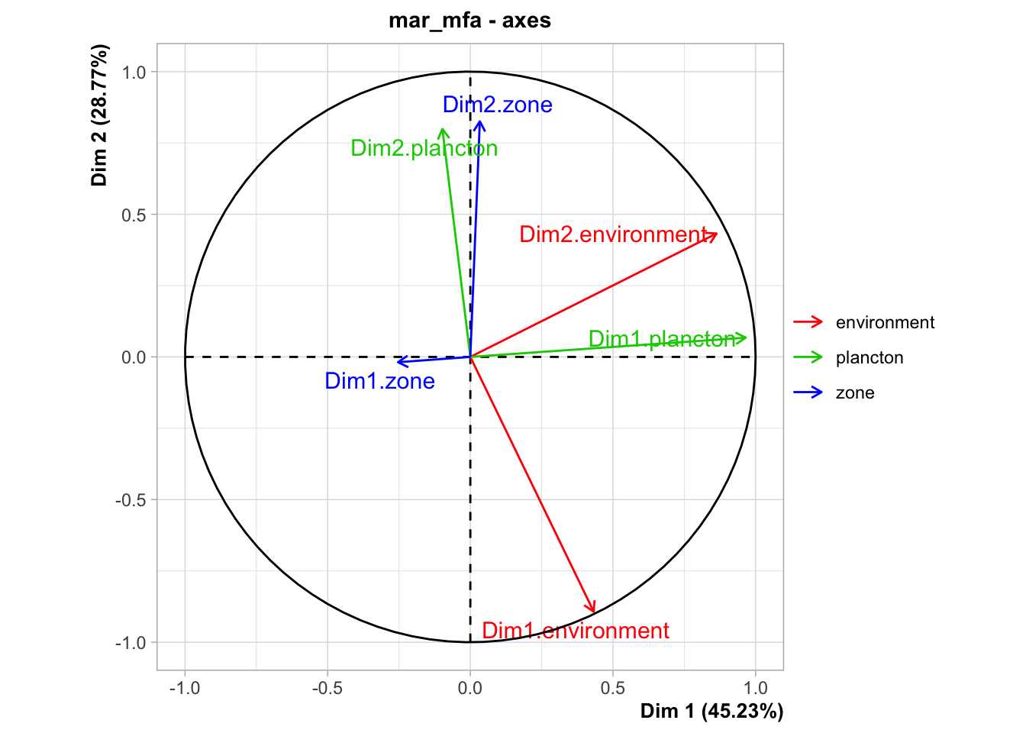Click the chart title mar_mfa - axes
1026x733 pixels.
(469, 21)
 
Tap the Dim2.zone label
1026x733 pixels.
(498, 105)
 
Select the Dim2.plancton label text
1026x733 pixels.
(424, 148)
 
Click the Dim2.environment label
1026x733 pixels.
(614, 234)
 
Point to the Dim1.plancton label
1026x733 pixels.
(663, 339)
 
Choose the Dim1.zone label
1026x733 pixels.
(379, 381)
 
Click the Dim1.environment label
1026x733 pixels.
(576, 631)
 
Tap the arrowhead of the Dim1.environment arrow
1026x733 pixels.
(594, 612)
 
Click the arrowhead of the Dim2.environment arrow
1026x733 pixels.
(717, 234)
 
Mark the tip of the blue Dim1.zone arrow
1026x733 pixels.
(397, 362)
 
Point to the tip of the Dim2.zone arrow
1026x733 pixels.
(480, 121)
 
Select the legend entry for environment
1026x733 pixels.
(864, 322)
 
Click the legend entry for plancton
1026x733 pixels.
(848, 357)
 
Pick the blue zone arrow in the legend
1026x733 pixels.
(808, 392)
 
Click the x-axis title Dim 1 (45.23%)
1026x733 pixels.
(711, 711)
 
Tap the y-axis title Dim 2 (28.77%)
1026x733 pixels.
(99, 115)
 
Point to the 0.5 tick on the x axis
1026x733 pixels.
(613, 688)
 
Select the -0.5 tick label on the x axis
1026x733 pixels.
(327, 688)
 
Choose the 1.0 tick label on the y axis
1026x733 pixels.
(134, 72)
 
